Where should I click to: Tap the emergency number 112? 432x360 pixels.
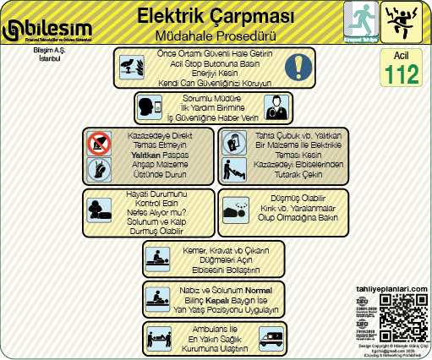pos(401,74)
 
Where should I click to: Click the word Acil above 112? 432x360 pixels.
pos(401,55)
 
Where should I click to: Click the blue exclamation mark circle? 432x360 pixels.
pos(298,67)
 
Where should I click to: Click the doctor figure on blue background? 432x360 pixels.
pos(273,107)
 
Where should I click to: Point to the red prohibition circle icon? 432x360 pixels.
pos(99,145)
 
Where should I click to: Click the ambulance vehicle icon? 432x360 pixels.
pos(271,339)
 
